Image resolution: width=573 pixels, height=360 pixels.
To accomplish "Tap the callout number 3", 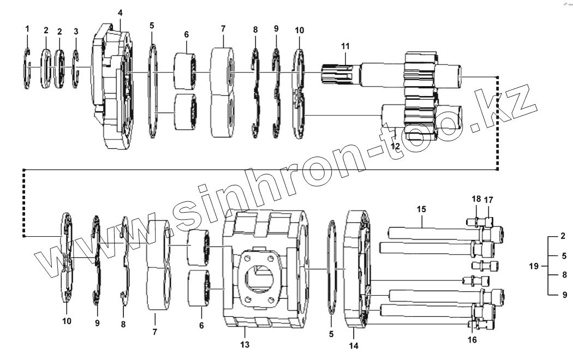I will (76, 31).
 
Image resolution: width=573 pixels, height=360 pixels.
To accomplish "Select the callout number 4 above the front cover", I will (120, 13).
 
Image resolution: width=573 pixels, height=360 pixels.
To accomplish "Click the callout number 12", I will (396, 146).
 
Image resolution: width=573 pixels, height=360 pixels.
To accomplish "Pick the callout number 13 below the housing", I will (245, 345).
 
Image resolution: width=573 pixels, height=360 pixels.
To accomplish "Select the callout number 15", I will (421, 209).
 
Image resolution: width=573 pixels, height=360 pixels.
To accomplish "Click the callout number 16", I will (473, 340).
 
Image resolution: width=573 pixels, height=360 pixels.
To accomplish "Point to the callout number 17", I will (488, 199).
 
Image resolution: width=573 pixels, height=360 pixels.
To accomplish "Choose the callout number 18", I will (476, 199).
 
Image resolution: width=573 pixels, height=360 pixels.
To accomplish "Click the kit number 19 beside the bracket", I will (534, 266).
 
